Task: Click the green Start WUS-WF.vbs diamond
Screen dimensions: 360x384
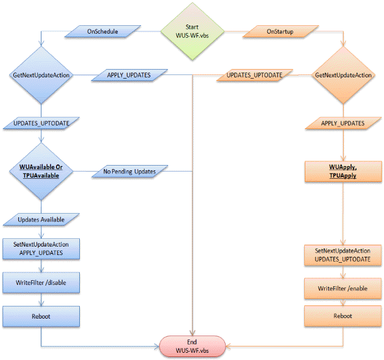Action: coord(192,31)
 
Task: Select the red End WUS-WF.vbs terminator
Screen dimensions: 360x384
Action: coord(192,346)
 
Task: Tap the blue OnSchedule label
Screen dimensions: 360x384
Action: coord(104,31)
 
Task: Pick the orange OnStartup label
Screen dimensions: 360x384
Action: coord(280,31)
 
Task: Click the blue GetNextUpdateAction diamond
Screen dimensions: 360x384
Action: coord(41,76)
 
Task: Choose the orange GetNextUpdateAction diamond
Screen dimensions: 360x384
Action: coord(343,76)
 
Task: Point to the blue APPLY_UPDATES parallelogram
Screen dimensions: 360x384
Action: coord(128,76)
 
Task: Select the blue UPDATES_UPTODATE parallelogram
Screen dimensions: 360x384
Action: coord(41,123)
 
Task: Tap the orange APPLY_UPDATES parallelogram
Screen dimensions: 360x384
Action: coord(343,123)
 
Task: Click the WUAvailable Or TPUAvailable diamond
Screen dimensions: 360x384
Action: coord(41,171)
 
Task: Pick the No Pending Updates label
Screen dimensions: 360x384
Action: coord(129,172)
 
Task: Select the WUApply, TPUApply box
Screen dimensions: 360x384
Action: coord(343,171)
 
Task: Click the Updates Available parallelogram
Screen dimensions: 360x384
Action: coord(41,220)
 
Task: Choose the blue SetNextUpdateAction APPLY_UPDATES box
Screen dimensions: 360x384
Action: coord(41,249)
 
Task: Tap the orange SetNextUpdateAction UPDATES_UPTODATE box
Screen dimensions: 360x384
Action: coord(343,254)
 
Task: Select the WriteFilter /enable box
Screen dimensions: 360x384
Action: coord(343,289)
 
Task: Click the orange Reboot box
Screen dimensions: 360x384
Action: coord(343,316)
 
